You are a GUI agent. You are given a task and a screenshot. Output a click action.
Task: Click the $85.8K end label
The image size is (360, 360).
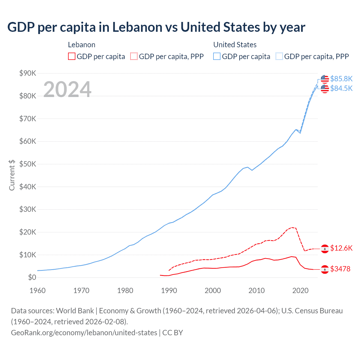click(x=341, y=79)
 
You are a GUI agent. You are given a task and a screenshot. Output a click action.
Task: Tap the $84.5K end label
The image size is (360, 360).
click(x=341, y=88)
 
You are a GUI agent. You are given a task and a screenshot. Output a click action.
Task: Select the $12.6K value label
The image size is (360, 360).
click(x=341, y=248)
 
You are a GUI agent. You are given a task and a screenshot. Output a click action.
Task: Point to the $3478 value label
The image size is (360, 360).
click(x=340, y=269)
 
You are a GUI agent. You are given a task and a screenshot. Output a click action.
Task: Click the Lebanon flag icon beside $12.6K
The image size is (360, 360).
click(x=325, y=249)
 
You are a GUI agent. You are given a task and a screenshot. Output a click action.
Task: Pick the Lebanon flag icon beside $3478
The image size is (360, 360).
click(x=325, y=269)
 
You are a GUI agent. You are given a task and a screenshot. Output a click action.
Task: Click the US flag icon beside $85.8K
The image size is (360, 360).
click(x=325, y=79)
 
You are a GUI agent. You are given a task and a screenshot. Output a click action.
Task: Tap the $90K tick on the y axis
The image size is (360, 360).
click(x=28, y=73)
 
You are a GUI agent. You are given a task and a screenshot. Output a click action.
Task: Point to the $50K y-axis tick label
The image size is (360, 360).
click(x=28, y=164)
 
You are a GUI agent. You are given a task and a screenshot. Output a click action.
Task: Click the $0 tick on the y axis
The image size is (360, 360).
click(x=32, y=278)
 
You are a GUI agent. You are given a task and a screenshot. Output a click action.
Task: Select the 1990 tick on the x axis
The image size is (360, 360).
click(x=169, y=291)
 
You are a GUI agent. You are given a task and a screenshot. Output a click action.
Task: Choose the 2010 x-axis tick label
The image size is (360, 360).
click(x=256, y=291)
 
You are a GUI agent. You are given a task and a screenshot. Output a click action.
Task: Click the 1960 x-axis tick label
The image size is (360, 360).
click(x=37, y=291)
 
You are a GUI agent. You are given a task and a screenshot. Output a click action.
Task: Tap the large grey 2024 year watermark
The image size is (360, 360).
click(x=67, y=89)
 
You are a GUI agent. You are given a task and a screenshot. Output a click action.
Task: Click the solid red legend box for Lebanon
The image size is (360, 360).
click(x=72, y=57)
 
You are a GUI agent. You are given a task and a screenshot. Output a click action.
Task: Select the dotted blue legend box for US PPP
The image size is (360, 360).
click(x=279, y=57)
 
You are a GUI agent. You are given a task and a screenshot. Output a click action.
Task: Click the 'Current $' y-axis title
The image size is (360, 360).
click(x=12, y=175)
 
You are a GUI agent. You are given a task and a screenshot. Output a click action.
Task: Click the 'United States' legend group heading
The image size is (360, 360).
click(x=235, y=45)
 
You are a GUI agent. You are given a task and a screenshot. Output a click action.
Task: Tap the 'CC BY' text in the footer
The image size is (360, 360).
click(x=173, y=333)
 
